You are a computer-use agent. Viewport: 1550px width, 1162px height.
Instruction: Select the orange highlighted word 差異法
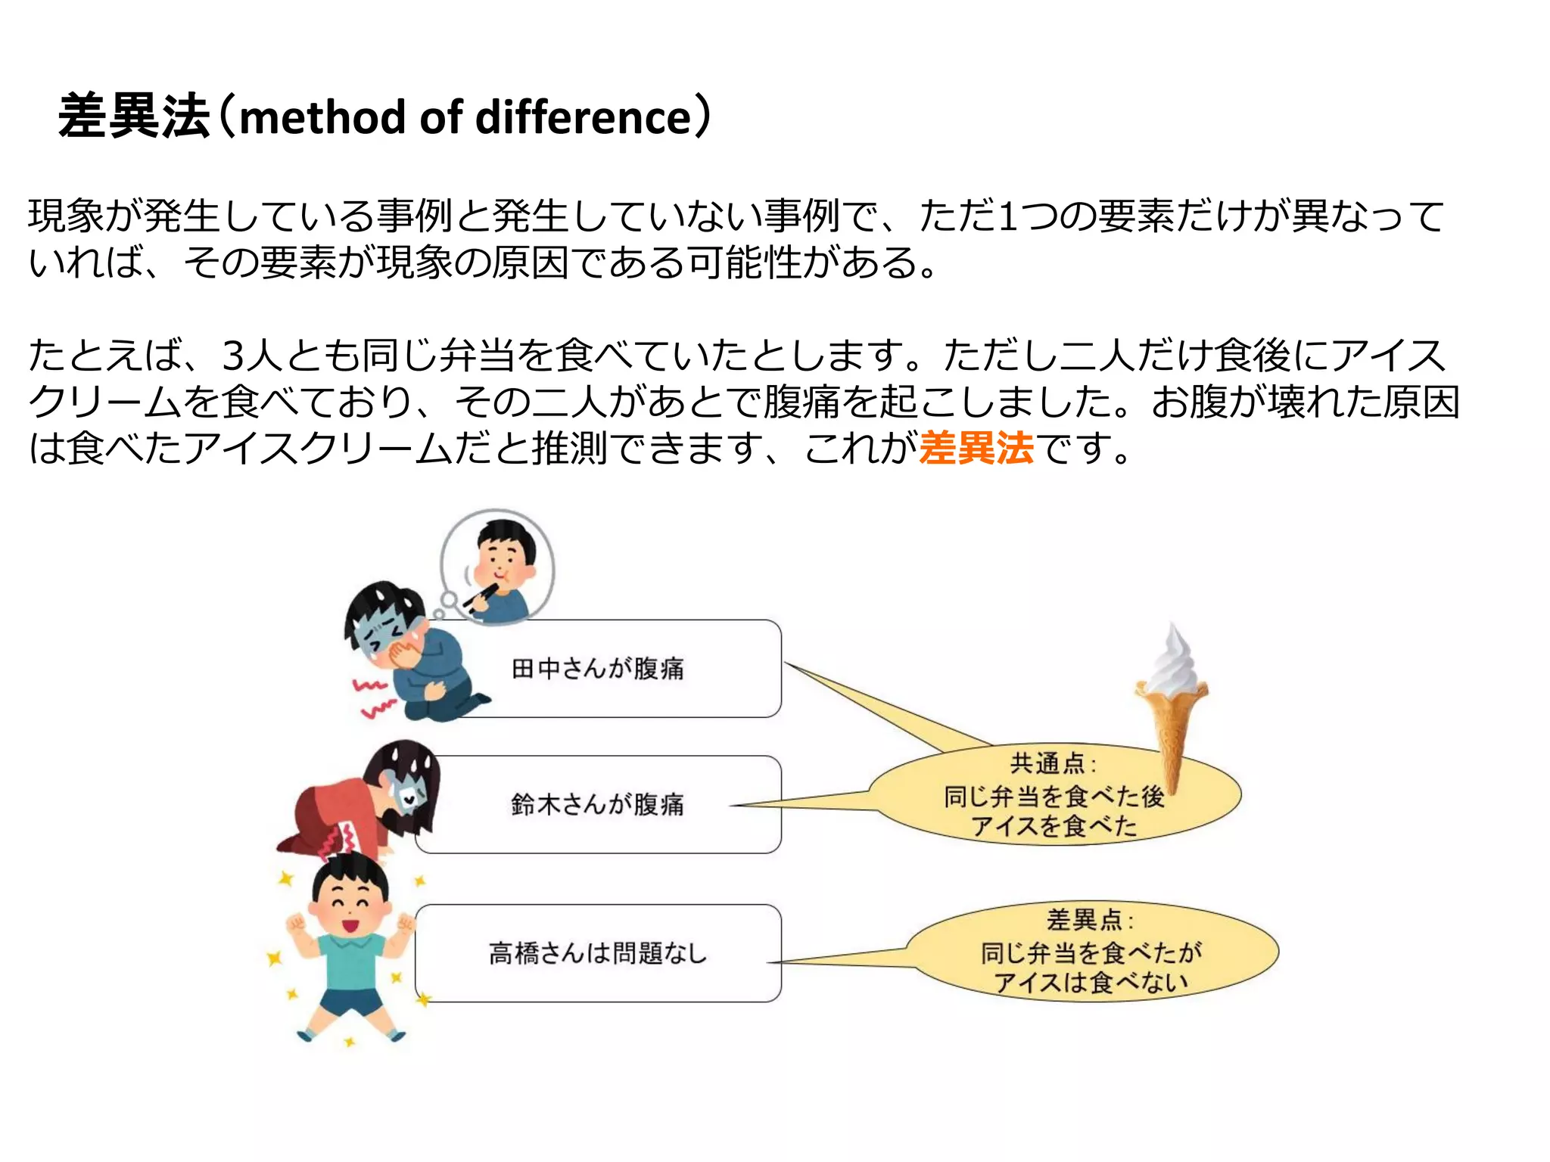coord(976,448)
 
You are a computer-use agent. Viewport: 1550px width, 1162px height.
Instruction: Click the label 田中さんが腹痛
coord(598,669)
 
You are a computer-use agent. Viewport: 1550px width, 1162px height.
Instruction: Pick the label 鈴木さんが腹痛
coord(598,804)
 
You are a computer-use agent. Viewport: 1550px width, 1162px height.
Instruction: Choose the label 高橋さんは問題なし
coord(598,953)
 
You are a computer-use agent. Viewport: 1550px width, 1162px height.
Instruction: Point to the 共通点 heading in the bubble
coord(1048,763)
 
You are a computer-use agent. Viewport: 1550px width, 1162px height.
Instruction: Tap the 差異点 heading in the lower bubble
coord(1085,920)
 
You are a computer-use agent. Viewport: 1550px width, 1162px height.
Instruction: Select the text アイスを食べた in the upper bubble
coord(1054,825)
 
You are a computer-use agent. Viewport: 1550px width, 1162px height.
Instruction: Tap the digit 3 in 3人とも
coord(232,356)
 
